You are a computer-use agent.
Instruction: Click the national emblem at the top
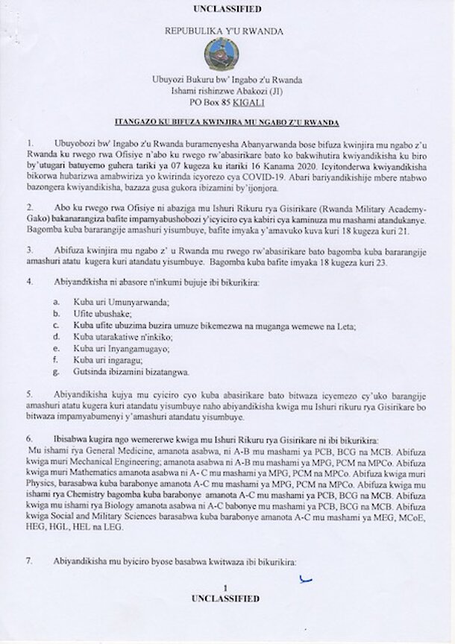click(227, 57)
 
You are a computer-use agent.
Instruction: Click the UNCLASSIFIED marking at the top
click(227, 10)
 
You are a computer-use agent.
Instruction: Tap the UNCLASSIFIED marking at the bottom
click(227, 598)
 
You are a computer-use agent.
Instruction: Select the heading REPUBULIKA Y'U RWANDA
click(227, 34)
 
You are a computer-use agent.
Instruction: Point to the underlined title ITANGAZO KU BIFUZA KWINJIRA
click(227, 121)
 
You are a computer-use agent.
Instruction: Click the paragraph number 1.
click(29, 142)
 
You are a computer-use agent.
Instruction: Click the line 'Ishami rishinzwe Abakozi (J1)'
click(227, 93)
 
